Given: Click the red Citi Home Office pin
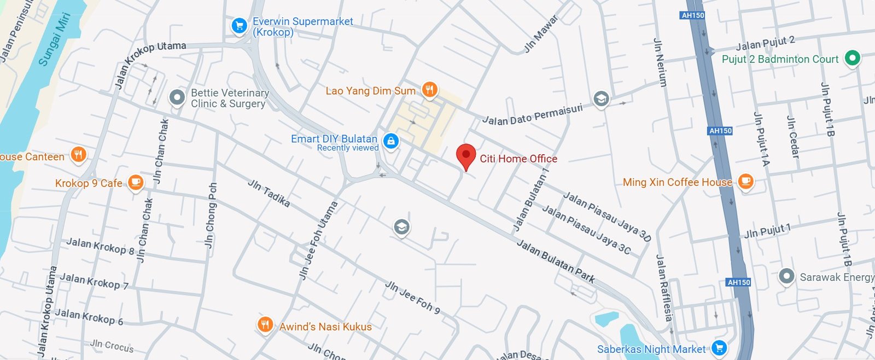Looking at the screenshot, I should [x=466, y=155].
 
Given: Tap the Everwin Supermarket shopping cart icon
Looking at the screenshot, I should [x=239, y=26].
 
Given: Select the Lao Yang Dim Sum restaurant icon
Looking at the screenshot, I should [x=430, y=90].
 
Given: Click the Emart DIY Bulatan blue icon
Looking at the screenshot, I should [x=390, y=141].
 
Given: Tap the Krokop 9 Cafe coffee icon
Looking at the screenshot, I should [x=136, y=182].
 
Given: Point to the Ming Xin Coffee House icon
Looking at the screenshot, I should [x=745, y=181].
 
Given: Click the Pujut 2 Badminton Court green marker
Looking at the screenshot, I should [x=852, y=57].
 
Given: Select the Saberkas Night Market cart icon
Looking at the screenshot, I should [x=719, y=347].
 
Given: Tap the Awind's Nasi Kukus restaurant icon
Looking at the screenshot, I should [x=265, y=325].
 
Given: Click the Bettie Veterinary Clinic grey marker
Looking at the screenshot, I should [x=177, y=97].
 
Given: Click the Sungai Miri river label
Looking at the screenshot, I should [x=55, y=39].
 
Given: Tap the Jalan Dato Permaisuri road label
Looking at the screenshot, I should [x=532, y=115].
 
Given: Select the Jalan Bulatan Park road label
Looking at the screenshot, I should [x=556, y=262].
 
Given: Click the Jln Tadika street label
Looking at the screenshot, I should [x=269, y=193].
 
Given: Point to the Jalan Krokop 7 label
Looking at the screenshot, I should [x=94, y=281].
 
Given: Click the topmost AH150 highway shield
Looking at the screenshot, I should [x=693, y=15].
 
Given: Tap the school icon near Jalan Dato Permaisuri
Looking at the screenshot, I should [x=601, y=99].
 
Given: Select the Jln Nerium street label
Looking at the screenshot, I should [x=660, y=62].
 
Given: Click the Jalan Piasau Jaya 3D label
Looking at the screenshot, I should [x=607, y=217].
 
